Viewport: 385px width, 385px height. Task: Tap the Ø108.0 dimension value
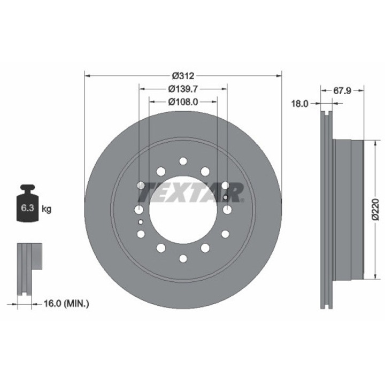[x=183, y=101]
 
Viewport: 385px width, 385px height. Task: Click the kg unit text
[x=47, y=209]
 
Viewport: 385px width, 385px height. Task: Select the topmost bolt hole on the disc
[x=183, y=161]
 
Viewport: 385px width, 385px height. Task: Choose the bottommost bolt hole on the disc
[x=183, y=258]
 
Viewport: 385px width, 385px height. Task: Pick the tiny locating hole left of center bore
[x=140, y=221]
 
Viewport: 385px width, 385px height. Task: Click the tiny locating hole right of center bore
[x=226, y=198]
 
